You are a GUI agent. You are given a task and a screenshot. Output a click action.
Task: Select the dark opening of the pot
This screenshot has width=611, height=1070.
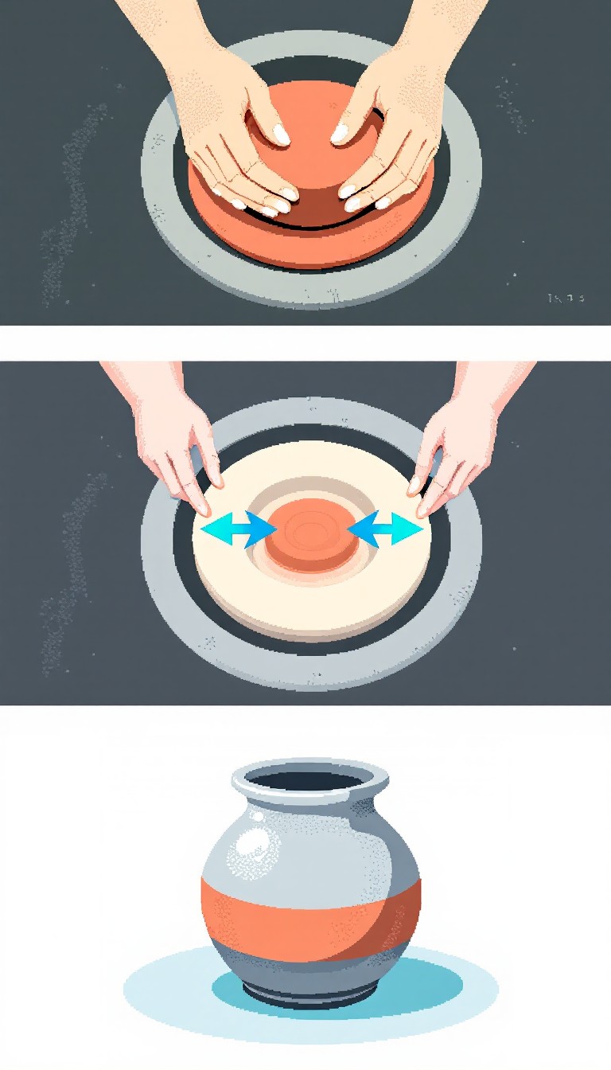click(311, 781)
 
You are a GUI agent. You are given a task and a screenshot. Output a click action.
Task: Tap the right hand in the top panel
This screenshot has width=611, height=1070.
click(390, 135)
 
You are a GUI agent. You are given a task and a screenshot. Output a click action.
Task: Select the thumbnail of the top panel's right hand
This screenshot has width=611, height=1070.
click(340, 133)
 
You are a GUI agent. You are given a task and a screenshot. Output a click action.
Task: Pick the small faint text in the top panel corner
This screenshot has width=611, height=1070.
click(566, 299)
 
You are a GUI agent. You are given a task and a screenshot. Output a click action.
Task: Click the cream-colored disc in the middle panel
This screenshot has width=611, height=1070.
click(311, 593)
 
